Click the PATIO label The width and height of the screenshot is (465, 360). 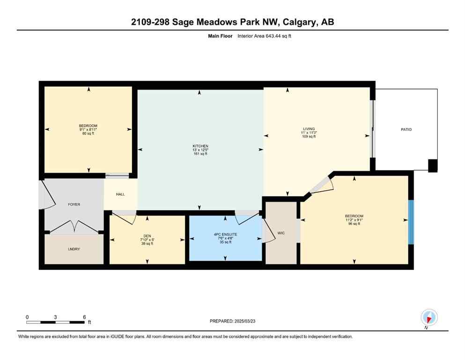coord(406,129)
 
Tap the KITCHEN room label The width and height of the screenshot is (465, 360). coord(200,146)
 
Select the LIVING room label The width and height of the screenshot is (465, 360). coord(309,128)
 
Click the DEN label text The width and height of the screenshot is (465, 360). coord(147,236)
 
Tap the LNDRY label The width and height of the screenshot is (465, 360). coord(74,249)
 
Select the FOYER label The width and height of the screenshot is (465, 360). coord(74,204)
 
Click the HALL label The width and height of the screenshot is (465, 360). coord(120,194)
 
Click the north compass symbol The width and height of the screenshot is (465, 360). coord(429,317)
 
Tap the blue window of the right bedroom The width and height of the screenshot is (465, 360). coord(411,222)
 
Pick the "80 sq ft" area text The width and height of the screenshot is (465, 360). coord(88,134)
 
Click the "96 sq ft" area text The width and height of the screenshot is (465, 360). coord(354,224)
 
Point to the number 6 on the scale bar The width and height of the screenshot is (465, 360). coord(84,317)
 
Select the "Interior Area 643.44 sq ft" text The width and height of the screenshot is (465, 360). coord(264,36)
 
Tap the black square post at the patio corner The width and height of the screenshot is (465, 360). coord(433,165)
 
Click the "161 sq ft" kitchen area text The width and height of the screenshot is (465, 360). coord(200,154)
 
